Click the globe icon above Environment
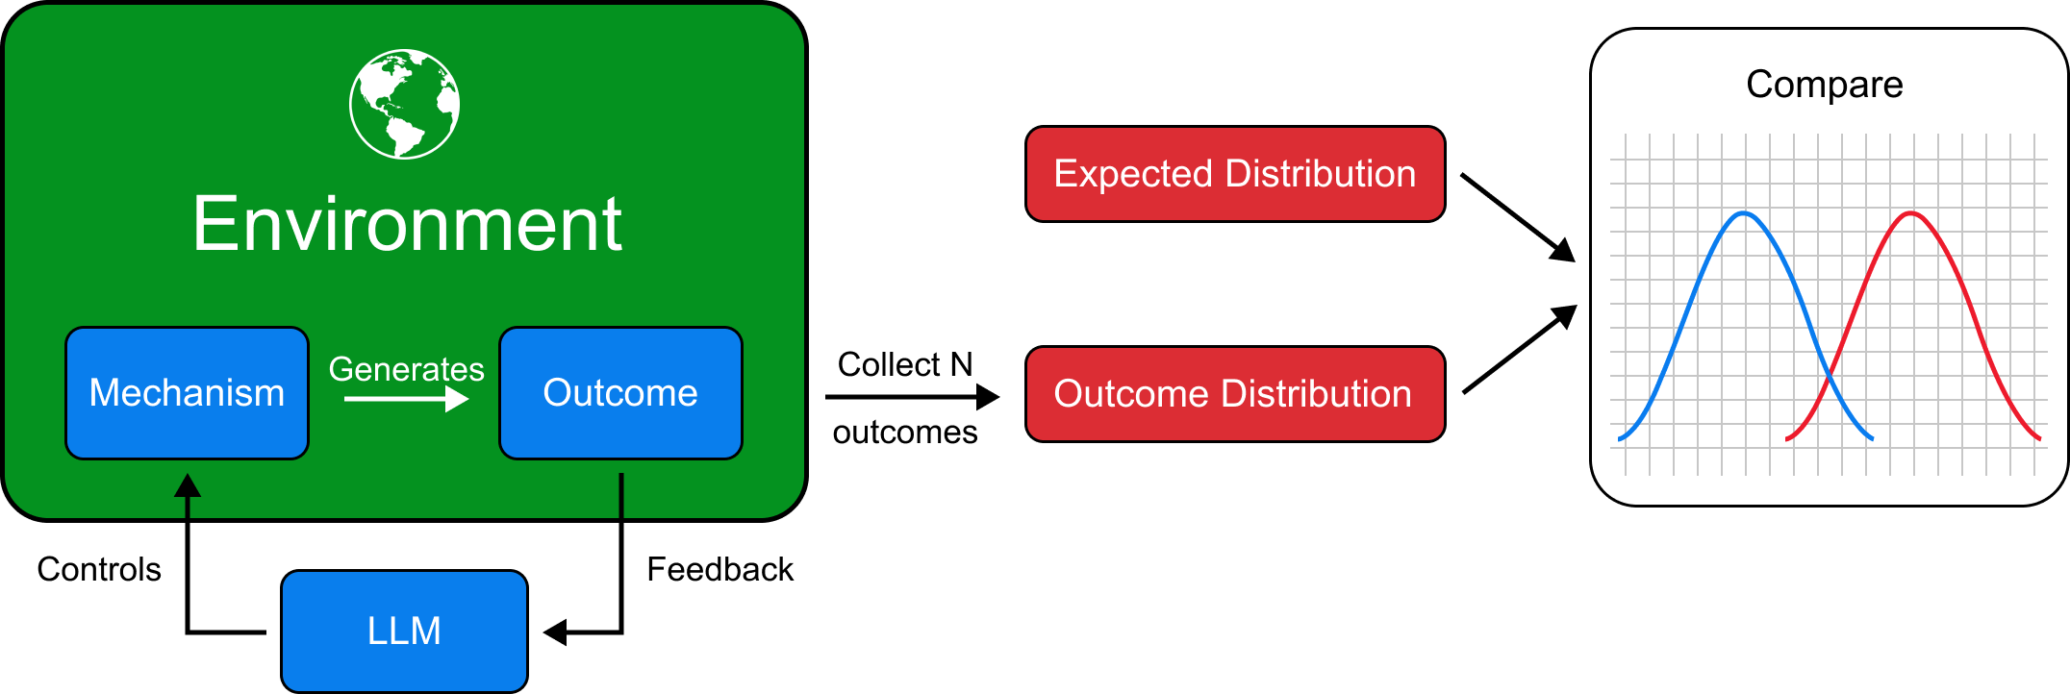pos(404,104)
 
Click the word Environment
pos(407,224)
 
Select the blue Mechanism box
pos(187,393)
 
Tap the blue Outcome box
pos(620,393)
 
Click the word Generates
pos(406,369)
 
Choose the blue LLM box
pos(404,631)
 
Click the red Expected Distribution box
pos(1235,174)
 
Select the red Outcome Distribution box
pos(1235,394)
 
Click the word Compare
pos(1824,85)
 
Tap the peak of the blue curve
pos(1744,212)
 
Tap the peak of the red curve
pos(1911,212)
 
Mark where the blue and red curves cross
pos(1829,371)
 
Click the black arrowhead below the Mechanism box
pos(188,485)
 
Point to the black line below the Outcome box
pos(621,495)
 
